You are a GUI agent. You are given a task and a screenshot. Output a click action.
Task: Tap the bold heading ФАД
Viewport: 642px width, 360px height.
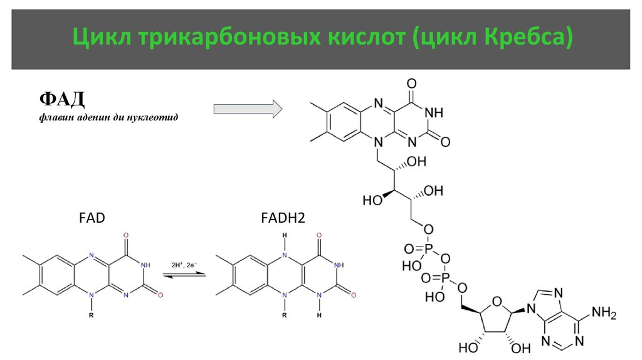coord(61,99)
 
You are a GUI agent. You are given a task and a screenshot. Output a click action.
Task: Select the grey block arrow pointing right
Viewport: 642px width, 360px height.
coord(248,109)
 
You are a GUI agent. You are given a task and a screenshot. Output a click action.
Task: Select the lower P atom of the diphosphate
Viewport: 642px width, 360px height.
coord(446,277)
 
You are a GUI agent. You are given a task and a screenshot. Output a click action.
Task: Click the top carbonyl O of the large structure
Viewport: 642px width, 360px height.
coord(411,82)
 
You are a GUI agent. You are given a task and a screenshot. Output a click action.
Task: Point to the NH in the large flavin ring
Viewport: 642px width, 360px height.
coord(433,113)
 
